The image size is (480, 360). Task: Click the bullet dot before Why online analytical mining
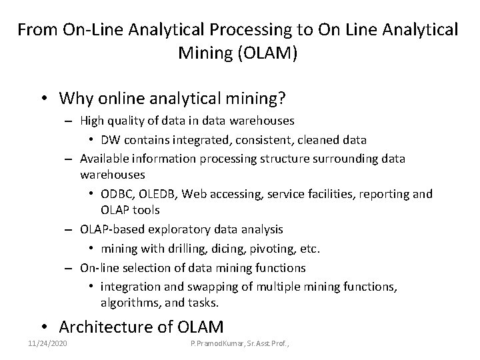[x=43, y=99]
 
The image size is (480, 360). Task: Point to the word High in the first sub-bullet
[x=91, y=121]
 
